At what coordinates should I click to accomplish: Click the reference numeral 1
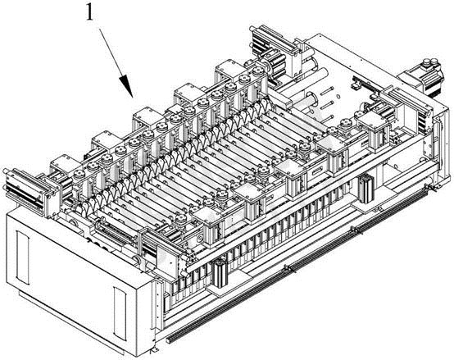tap(90, 13)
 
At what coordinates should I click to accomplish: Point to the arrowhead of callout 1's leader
tap(127, 85)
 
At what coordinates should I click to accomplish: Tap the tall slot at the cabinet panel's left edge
tap(22, 257)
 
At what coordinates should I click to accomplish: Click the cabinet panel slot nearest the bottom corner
tap(120, 313)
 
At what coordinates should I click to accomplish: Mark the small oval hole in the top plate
tap(338, 97)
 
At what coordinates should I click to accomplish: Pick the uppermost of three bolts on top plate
tap(327, 90)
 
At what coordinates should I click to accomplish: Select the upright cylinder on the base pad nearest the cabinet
tap(220, 274)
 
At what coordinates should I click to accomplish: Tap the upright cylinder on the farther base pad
tap(365, 189)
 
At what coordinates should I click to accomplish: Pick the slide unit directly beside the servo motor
tap(404, 108)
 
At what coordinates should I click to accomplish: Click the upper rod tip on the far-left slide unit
tap(5, 171)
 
